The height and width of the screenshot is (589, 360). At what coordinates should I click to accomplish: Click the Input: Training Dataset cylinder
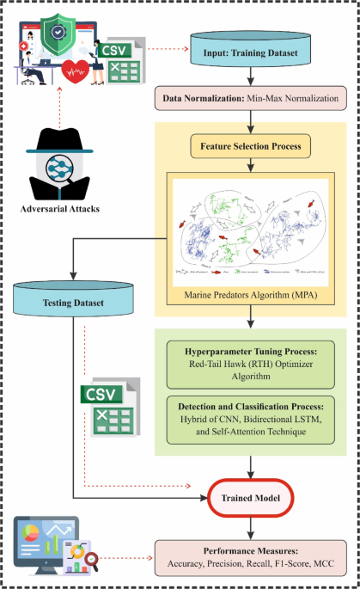(249, 52)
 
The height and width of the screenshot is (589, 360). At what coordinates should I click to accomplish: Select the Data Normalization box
(249, 98)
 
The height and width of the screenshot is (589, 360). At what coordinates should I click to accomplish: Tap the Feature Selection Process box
(250, 146)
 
